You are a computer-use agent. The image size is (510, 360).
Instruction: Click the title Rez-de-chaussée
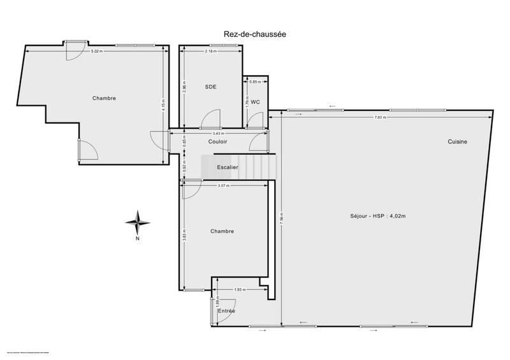tap(255, 36)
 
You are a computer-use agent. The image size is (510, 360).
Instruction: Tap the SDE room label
tap(210, 87)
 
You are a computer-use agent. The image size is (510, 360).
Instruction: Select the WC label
tap(255, 102)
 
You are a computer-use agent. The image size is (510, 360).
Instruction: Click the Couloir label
tap(217, 141)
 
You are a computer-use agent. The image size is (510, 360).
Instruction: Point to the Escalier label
tap(228, 167)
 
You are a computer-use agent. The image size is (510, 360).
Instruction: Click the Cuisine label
tap(457, 141)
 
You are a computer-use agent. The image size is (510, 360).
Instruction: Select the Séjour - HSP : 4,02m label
tap(378, 216)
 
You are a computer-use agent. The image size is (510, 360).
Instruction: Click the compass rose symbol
tap(137, 222)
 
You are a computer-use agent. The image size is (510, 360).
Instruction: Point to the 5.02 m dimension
tap(96, 50)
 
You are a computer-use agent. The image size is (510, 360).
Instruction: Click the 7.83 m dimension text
tap(381, 117)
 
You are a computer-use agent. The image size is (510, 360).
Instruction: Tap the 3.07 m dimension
tap(223, 185)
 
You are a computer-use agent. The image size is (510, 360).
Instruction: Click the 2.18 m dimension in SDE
tap(210, 50)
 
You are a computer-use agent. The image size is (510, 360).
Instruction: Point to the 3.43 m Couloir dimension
tap(217, 133)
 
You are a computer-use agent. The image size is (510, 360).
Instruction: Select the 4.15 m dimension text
tap(164, 104)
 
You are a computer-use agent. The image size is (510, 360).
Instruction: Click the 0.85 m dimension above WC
tap(254, 82)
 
